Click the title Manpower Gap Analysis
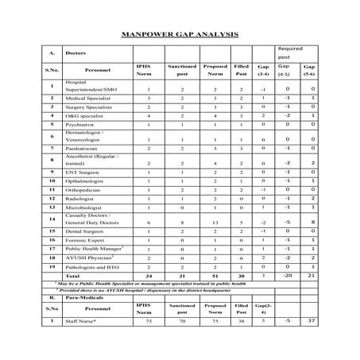(180, 36)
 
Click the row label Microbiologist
(86, 207)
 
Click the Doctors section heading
(76, 53)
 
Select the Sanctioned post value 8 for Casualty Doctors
(181, 223)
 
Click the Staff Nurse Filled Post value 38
(241, 320)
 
